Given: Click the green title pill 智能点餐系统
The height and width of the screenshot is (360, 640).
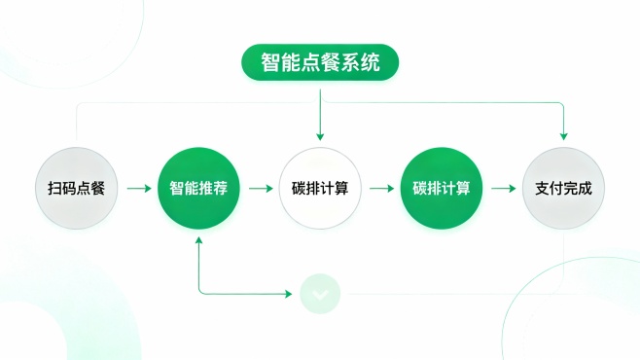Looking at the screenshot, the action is click(320, 62).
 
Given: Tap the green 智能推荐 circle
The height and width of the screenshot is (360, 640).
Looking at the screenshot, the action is click(198, 189).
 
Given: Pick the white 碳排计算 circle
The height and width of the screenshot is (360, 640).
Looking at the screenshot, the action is click(320, 189).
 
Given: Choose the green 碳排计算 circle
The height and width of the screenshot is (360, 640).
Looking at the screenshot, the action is click(442, 189).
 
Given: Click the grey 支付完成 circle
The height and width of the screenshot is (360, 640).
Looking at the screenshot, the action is click(563, 189).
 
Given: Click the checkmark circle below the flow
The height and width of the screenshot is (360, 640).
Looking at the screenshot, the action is click(320, 292).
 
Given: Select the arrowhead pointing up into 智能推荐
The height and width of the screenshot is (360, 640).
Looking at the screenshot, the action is click(198, 239).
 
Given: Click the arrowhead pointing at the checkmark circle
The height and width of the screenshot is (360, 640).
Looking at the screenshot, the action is click(291, 292).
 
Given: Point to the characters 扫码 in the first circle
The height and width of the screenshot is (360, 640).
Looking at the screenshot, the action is click(64, 189).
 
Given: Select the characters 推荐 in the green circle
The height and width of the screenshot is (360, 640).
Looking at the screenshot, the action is click(214, 189).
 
